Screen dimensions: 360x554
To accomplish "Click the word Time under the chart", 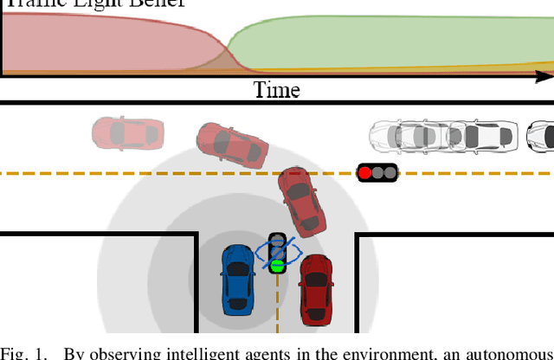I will [276, 89].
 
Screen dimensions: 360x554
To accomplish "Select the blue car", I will [237, 280].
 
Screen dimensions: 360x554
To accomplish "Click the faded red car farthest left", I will [128, 132].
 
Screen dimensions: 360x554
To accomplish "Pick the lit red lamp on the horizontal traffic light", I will [365, 173].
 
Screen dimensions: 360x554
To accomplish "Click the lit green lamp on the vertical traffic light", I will [277, 266].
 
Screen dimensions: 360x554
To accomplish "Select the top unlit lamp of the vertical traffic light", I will [277, 240].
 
